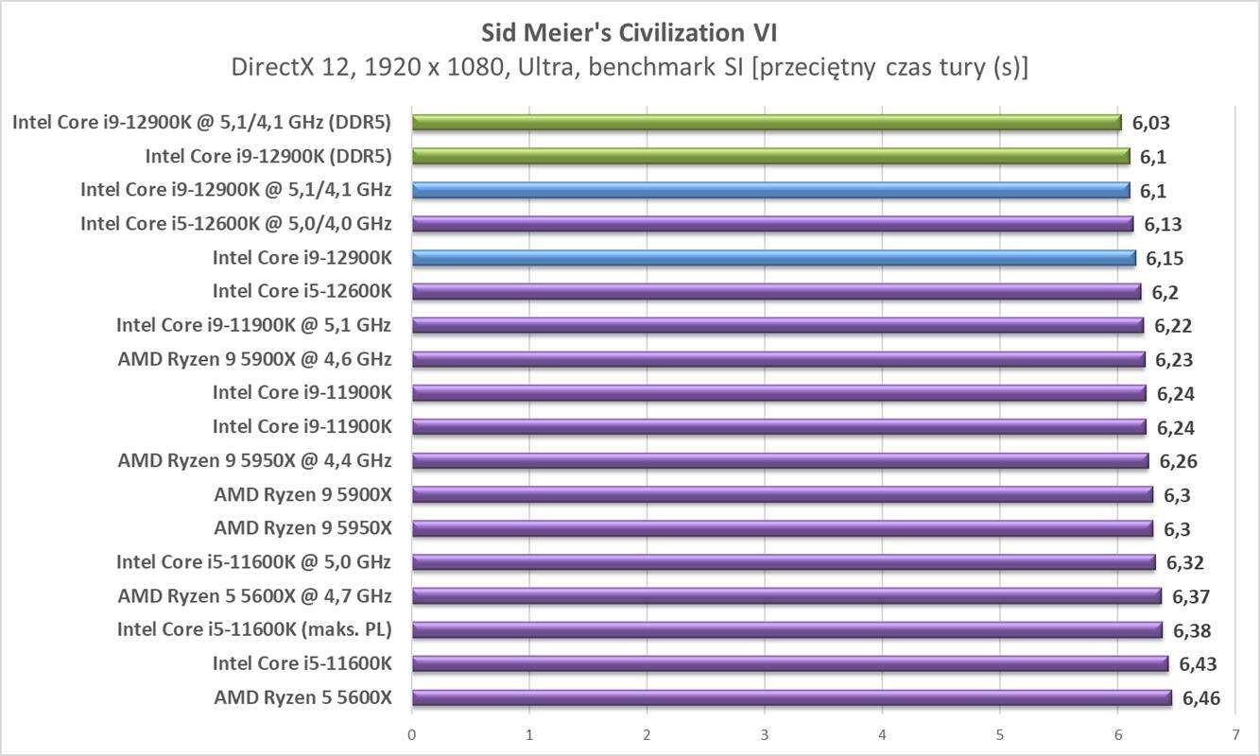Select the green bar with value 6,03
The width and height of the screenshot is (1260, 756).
pos(766,122)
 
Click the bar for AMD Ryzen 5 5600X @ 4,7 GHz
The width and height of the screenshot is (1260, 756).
pos(786,595)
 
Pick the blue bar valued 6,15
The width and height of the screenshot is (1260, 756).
pos(773,258)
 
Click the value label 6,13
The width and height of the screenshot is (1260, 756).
pos(1163,224)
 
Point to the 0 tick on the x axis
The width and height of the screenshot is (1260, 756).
pos(412,734)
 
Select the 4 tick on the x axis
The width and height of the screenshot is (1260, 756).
pos(882,734)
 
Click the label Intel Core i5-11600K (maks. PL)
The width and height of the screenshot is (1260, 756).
pos(254,629)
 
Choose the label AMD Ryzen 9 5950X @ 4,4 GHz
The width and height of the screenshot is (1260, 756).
pos(254,461)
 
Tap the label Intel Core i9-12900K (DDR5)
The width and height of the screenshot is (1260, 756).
pos(268,156)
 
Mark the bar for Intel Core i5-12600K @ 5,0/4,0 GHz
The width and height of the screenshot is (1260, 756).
pos(772,224)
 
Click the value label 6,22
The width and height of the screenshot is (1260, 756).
pos(1173,326)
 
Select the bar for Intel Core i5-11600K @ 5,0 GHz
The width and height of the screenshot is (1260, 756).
pos(784,562)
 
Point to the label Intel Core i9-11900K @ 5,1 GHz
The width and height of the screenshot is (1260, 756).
pos(253,325)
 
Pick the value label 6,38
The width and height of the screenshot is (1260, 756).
pos(1192,630)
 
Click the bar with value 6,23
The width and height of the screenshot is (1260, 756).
pos(778,359)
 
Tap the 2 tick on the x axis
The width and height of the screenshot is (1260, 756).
pos(647,734)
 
